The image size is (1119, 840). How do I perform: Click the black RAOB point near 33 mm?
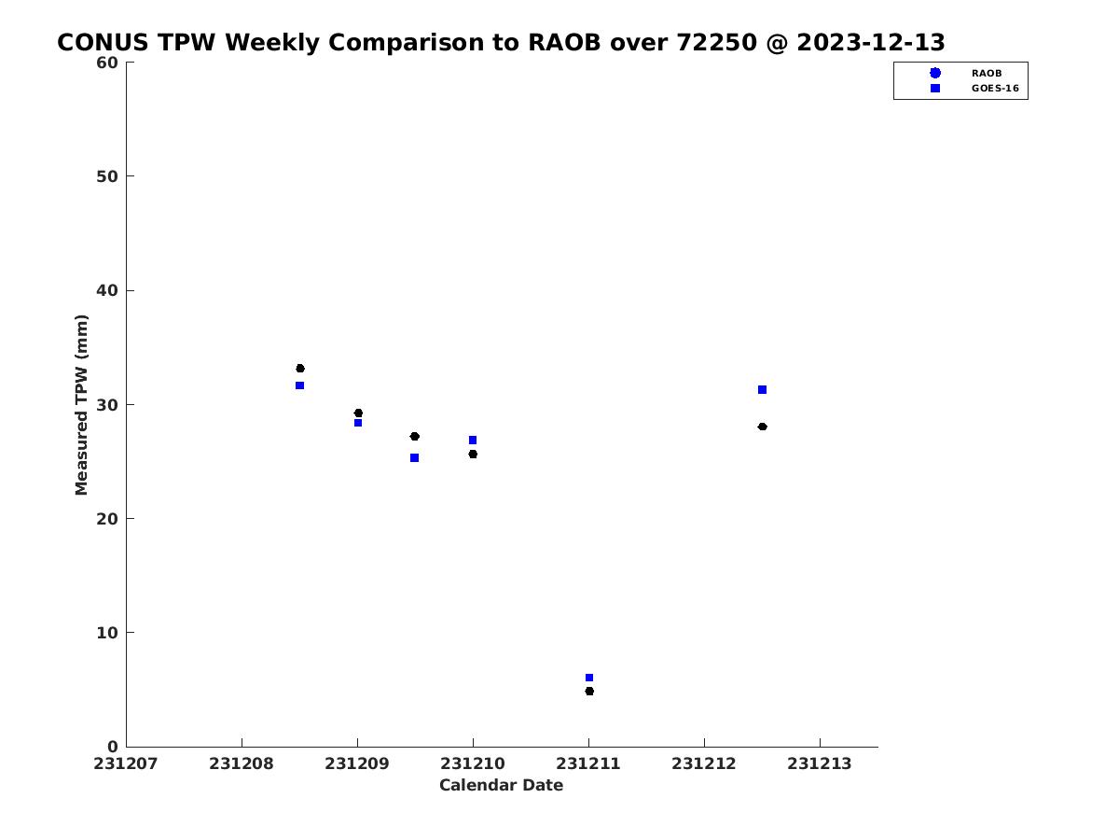pos(299,369)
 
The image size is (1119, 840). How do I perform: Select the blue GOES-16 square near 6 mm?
pos(588,678)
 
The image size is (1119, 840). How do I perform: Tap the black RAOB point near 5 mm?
pos(589,691)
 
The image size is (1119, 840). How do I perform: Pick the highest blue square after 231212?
pos(762,389)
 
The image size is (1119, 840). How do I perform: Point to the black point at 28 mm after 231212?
pos(762,427)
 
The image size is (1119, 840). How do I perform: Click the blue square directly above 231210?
pos(473,441)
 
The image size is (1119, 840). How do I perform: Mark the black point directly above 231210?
pos(473,454)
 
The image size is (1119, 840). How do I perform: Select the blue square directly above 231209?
pos(358,423)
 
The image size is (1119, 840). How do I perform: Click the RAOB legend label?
pos(987,74)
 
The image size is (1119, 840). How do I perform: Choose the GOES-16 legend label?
pos(995,89)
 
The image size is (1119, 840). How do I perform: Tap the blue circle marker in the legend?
pos(935,73)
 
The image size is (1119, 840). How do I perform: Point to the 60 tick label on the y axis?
pos(107,63)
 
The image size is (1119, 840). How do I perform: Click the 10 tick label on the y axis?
pos(107,633)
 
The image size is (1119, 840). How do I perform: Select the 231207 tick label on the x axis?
pos(125,763)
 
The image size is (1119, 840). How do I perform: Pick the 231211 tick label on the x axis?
pos(587,763)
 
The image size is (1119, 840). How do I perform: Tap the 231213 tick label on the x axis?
pos(820,763)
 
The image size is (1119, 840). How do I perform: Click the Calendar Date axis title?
pos(501,785)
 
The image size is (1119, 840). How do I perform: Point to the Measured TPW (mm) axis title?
pos(81,405)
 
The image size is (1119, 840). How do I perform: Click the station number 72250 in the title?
pos(716,42)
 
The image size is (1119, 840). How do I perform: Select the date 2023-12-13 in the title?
pos(871,42)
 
